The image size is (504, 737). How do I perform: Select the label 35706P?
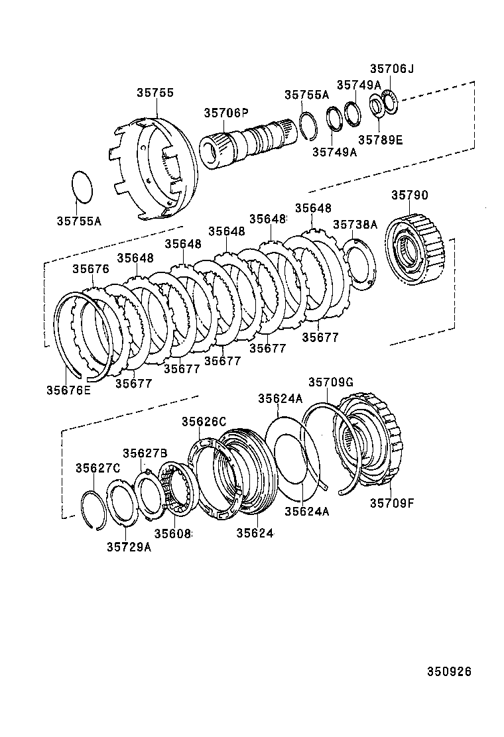coord(225,113)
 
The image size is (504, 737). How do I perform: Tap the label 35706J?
coord(391,69)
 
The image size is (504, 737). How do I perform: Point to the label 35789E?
coord(380,140)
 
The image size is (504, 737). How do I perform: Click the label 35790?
coord(409,196)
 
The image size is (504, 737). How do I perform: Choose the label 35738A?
coord(355,225)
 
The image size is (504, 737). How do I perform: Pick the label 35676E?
coord(68,390)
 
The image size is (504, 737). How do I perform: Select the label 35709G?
coord(331,382)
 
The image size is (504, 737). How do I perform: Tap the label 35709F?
coord(391,502)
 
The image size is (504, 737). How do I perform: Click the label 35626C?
coord(204,422)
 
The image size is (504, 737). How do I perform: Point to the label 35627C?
coord(97,468)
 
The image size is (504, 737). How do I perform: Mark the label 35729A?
coord(129,547)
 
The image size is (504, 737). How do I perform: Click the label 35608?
coord(172,533)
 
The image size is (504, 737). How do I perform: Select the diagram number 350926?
coord(448,671)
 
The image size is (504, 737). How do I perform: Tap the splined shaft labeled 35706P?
coord(245,141)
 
